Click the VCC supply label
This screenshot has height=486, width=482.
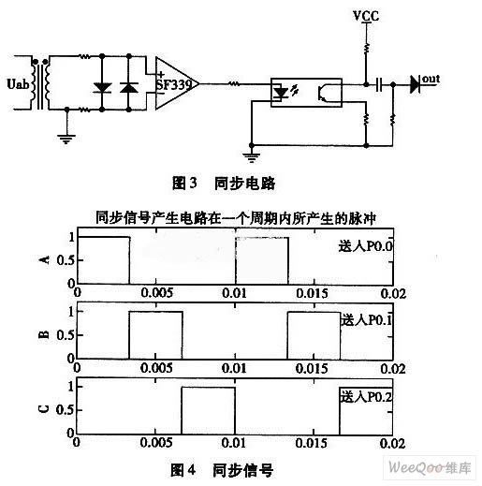(366, 16)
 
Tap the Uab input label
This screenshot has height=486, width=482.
(19, 84)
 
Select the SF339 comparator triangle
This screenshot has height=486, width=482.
(177, 83)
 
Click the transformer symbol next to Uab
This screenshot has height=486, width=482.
(41, 83)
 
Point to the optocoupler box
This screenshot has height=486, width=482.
(306, 93)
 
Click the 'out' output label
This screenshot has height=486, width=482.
(431, 79)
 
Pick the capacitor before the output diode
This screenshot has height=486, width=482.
(379, 84)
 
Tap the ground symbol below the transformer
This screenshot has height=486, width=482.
(66, 139)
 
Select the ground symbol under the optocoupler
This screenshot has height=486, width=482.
(252, 157)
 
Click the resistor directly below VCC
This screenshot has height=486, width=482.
(367, 49)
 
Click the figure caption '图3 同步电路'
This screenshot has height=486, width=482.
(224, 183)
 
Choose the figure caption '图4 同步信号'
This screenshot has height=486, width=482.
(222, 470)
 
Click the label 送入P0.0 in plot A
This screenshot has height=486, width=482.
(366, 246)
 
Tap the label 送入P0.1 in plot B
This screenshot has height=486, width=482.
(366, 320)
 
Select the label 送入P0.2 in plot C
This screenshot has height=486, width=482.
(366, 397)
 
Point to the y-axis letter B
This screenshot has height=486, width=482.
(44, 334)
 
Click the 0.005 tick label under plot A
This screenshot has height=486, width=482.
(157, 293)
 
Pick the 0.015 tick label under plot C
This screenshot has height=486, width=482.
(312, 443)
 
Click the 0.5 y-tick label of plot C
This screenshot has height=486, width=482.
(66, 410)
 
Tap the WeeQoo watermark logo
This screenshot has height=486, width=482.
(430, 467)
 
